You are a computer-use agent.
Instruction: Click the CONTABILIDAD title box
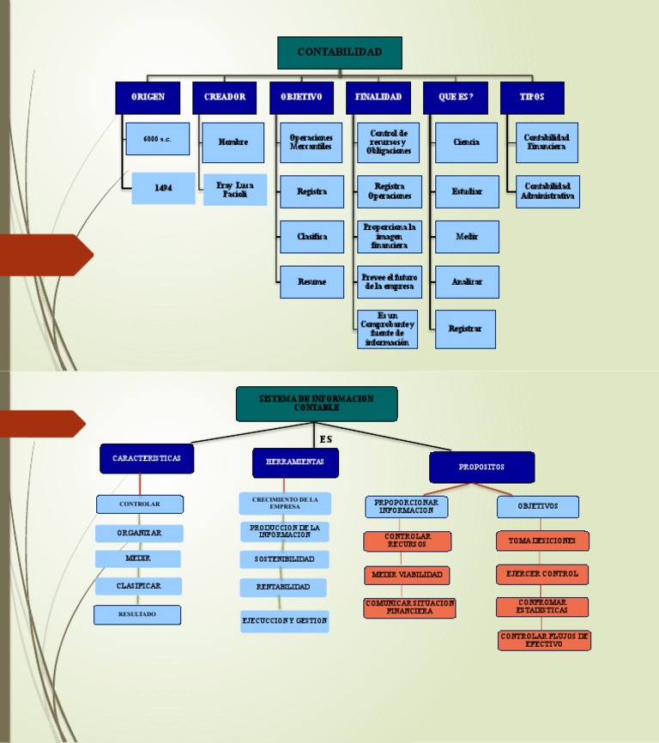(340, 52)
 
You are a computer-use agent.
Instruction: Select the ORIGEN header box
(148, 98)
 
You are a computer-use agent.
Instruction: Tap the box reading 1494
(163, 188)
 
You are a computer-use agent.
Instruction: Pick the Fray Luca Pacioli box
(234, 190)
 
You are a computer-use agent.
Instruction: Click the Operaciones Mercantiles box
(311, 142)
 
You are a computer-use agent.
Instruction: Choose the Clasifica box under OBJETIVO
(311, 237)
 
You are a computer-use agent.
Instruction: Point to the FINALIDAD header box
(378, 98)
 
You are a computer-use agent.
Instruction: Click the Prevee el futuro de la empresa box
(389, 281)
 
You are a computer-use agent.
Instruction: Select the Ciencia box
(466, 142)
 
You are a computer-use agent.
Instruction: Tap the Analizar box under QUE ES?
(466, 281)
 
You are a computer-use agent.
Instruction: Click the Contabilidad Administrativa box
(547, 191)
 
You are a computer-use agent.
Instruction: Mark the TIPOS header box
(532, 98)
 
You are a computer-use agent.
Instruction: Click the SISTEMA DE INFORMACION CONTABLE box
(317, 403)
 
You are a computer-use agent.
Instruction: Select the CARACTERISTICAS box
(147, 459)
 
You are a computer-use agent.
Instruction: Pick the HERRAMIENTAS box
(295, 462)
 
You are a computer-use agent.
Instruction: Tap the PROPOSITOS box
(481, 468)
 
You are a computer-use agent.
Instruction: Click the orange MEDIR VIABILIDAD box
(408, 575)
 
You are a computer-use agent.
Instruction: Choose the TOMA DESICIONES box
(542, 541)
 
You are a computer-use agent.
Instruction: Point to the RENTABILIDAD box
(284, 588)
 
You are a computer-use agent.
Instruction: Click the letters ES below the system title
(325, 439)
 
